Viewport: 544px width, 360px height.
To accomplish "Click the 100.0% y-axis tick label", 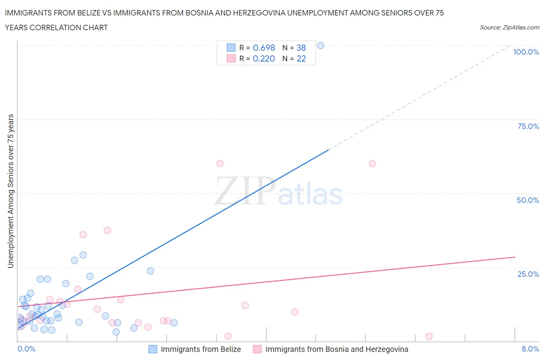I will coord(526,52).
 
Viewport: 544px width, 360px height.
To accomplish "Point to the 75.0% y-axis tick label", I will coord(528,126).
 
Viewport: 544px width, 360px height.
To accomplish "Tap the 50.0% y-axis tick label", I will coord(528,200).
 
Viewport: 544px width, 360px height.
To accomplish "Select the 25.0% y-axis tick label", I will coord(528,274).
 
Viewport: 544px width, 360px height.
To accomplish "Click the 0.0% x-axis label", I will coord(26,349).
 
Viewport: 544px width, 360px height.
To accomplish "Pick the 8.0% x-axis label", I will coord(530,349).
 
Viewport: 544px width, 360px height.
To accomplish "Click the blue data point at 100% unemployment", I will coord(320,45).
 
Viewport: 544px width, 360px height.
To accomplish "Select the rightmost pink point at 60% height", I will coord(372,163).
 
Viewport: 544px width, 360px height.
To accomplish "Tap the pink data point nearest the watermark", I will coord(220,163).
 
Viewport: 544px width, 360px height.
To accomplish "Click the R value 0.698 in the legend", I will coord(264,48).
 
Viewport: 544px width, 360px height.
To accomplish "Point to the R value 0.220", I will coord(264,58).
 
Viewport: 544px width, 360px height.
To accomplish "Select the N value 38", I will coord(301,48).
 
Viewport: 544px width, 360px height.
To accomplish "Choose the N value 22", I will coord(301,58).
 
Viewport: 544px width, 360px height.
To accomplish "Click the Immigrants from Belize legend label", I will coord(201,349).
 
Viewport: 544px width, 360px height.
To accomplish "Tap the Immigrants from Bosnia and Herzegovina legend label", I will coord(337,349).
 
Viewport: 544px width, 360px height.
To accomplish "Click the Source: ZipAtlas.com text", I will coord(509,27).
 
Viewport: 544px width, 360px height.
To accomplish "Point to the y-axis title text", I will coord(10,191).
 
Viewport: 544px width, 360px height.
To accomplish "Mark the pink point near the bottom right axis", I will coord(429,336).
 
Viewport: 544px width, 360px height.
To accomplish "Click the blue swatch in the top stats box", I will coord(231,48).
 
